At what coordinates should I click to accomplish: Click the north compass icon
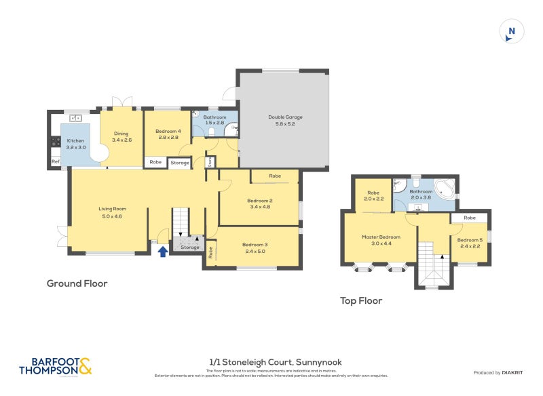tap(512, 32)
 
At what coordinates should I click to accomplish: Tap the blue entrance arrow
tap(163, 252)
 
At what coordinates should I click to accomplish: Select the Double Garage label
tap(284, 117)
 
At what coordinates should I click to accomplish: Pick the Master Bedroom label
tap(381, 237)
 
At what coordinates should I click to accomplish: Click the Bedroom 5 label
tap(470, 240)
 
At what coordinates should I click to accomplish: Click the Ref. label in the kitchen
tap(56, 161)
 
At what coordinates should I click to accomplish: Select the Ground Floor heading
tap(77, 283)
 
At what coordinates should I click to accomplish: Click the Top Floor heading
tap(361, 300)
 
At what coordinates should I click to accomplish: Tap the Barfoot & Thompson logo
tap(55, 366)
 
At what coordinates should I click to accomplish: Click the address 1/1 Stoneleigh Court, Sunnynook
tap(271, 363)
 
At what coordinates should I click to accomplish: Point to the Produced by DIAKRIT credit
tap(501, 373)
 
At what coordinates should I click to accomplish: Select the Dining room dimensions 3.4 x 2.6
tap(121, 140)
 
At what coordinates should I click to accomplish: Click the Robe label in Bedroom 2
tap(274, 176)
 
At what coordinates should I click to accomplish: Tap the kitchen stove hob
tap(55, 143)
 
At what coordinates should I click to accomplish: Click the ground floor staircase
tap(180, 221)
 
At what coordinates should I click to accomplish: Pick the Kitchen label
tap(75, 140)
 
